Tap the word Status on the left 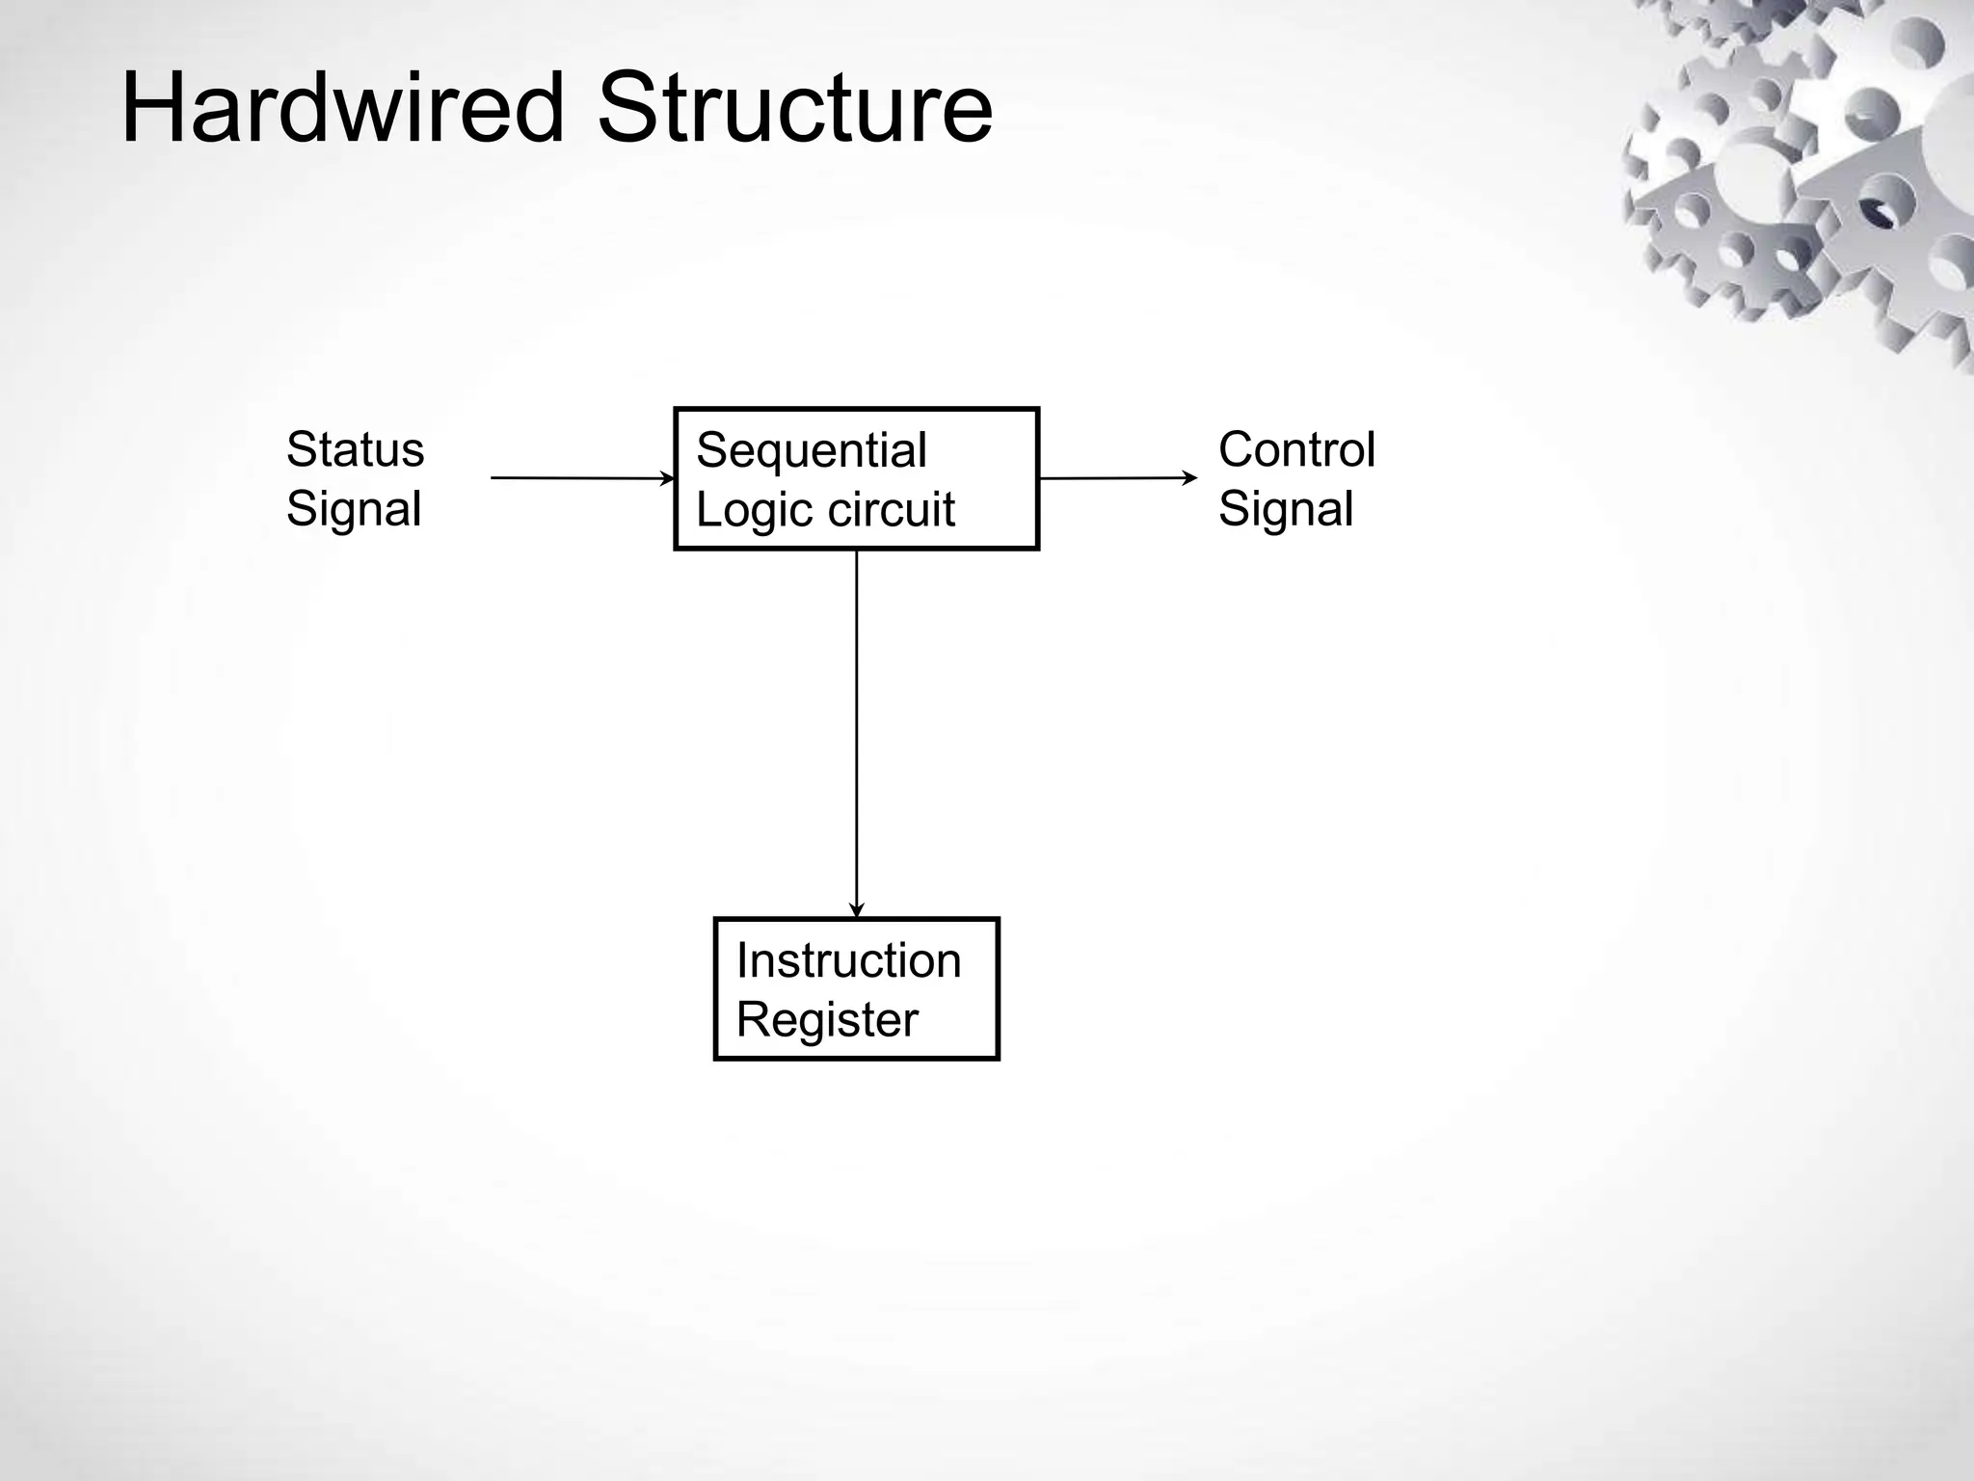tap(355, 449)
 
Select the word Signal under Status tap(354, 509)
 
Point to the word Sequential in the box tap(812, 450)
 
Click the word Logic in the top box tap(738, 510)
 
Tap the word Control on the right tap(1296, 449)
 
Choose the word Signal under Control tap(1286, 509)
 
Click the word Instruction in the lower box tap(848, 960)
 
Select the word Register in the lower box tap(827, 1020)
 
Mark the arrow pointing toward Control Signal tap(1118, 477)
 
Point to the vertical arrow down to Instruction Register tap(857, 733)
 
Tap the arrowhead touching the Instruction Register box tap(857, 910)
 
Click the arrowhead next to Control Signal tap(1191, 477)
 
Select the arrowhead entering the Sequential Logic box tap(667, 478)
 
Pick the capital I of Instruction tap(741, 960)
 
